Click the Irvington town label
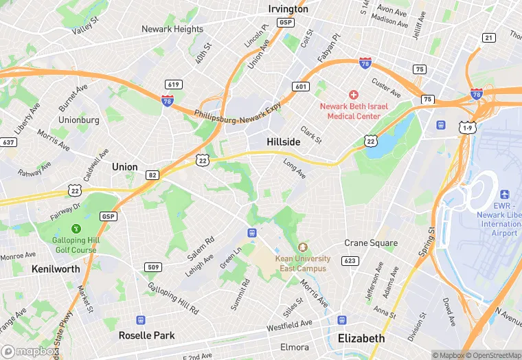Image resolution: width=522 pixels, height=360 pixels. point(288,9)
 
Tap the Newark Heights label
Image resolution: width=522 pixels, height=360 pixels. point(172,29)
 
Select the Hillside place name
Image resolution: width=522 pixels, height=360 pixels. point(284,141)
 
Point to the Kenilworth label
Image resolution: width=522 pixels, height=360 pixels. point(56,269)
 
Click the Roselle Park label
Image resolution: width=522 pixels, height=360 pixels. point(146,335)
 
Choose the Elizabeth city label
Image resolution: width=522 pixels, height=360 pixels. point(361,338)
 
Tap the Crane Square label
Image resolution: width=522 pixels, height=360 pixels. point(371,243)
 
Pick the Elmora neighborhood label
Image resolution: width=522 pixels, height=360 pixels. point(294,347)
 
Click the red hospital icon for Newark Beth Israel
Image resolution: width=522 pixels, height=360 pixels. point(354,94)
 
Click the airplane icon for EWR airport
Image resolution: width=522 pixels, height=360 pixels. point(505,194)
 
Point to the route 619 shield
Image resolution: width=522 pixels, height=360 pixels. point(174,85)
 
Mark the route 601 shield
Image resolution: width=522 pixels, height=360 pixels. point(299,87)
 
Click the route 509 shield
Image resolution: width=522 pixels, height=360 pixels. point(153,267)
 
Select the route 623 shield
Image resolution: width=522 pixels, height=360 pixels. point(350,260)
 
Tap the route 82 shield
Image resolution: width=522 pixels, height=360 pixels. point(152,175)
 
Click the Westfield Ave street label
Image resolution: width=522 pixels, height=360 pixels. point(289,323)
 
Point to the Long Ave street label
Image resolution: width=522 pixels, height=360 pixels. point(295,167)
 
